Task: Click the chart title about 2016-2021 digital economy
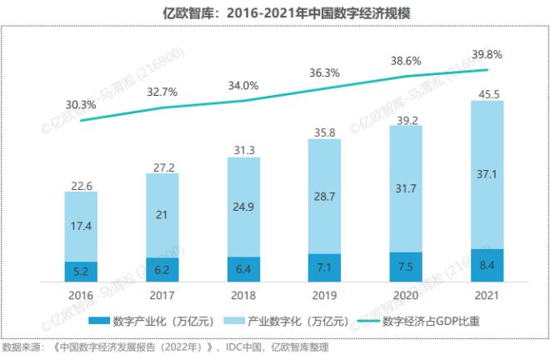tap(274, 14)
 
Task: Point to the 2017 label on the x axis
tap(162, 294)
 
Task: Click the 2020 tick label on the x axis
tap(405, 294)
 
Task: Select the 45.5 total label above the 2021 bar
tap(486, 94)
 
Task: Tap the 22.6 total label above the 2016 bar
tap(81, 185)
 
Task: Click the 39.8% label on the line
tap(486, 54)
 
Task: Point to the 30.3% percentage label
tap(81, 105)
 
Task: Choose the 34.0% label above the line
tap(243, 85)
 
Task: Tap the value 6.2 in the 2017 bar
tap(162, 270)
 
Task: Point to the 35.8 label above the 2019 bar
tap(324, 132)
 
